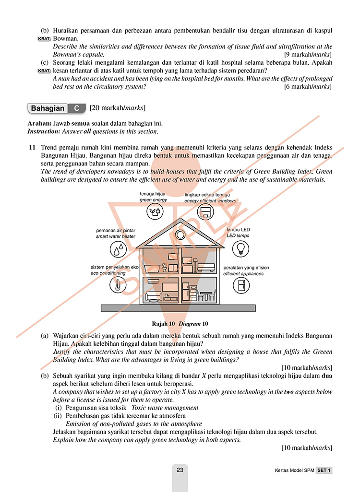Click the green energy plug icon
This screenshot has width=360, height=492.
[153, 211]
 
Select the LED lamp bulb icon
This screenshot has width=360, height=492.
[240, 248]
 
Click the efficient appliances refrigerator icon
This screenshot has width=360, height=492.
[240, 285]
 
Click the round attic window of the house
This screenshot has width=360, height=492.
[180, 235]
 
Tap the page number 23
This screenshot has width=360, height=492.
[180, 470]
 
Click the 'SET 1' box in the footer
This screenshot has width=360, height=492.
[324, 470]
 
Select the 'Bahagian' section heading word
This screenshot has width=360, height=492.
[48, 108]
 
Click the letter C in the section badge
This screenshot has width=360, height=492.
[76, 108]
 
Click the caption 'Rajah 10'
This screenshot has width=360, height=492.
[163, 324]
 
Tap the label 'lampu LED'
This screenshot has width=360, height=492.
[238, 230]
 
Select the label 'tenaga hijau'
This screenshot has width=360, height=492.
[153, 194]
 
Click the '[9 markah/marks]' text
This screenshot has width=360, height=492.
[308, 55]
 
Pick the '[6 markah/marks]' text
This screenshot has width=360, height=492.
[308, 87]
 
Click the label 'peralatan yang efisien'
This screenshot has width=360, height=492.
[246, 268]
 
